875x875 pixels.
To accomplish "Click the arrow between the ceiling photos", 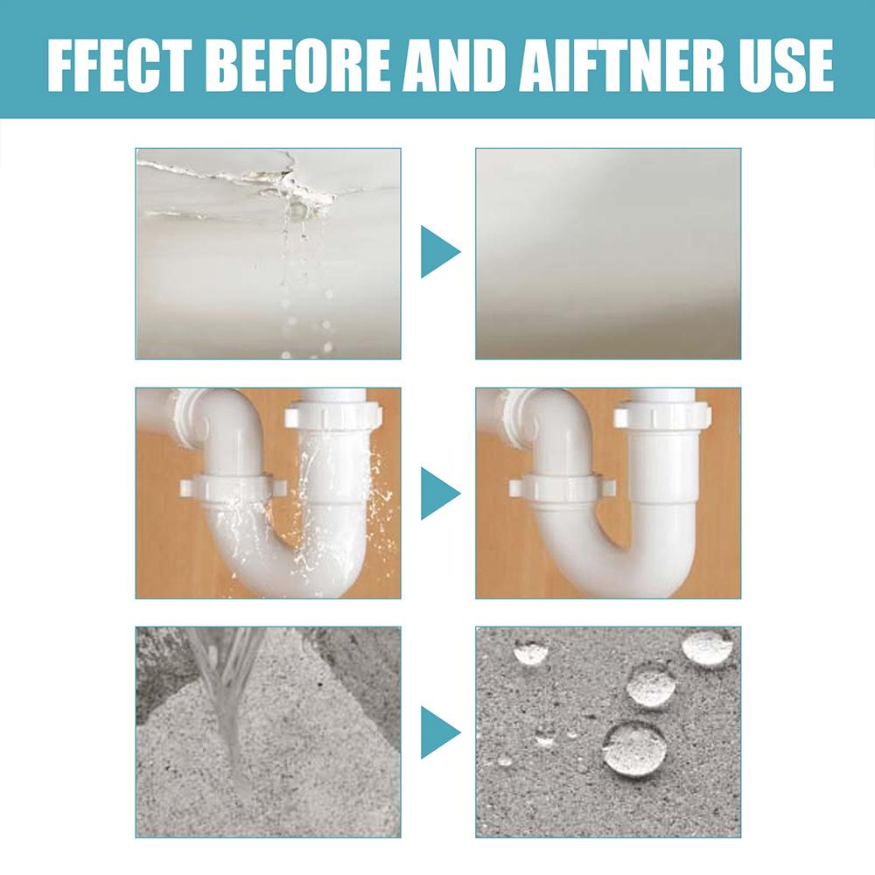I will [439, 252].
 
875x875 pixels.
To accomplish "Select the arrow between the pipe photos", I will [439, 493].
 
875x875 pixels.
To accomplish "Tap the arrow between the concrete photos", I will [439, 732].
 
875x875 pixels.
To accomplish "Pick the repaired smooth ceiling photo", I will [608, 253].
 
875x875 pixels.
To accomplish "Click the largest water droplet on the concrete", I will [634, 749].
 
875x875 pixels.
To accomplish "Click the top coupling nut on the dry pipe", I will [661, 414].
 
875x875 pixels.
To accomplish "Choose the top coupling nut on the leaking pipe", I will [332, 413].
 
